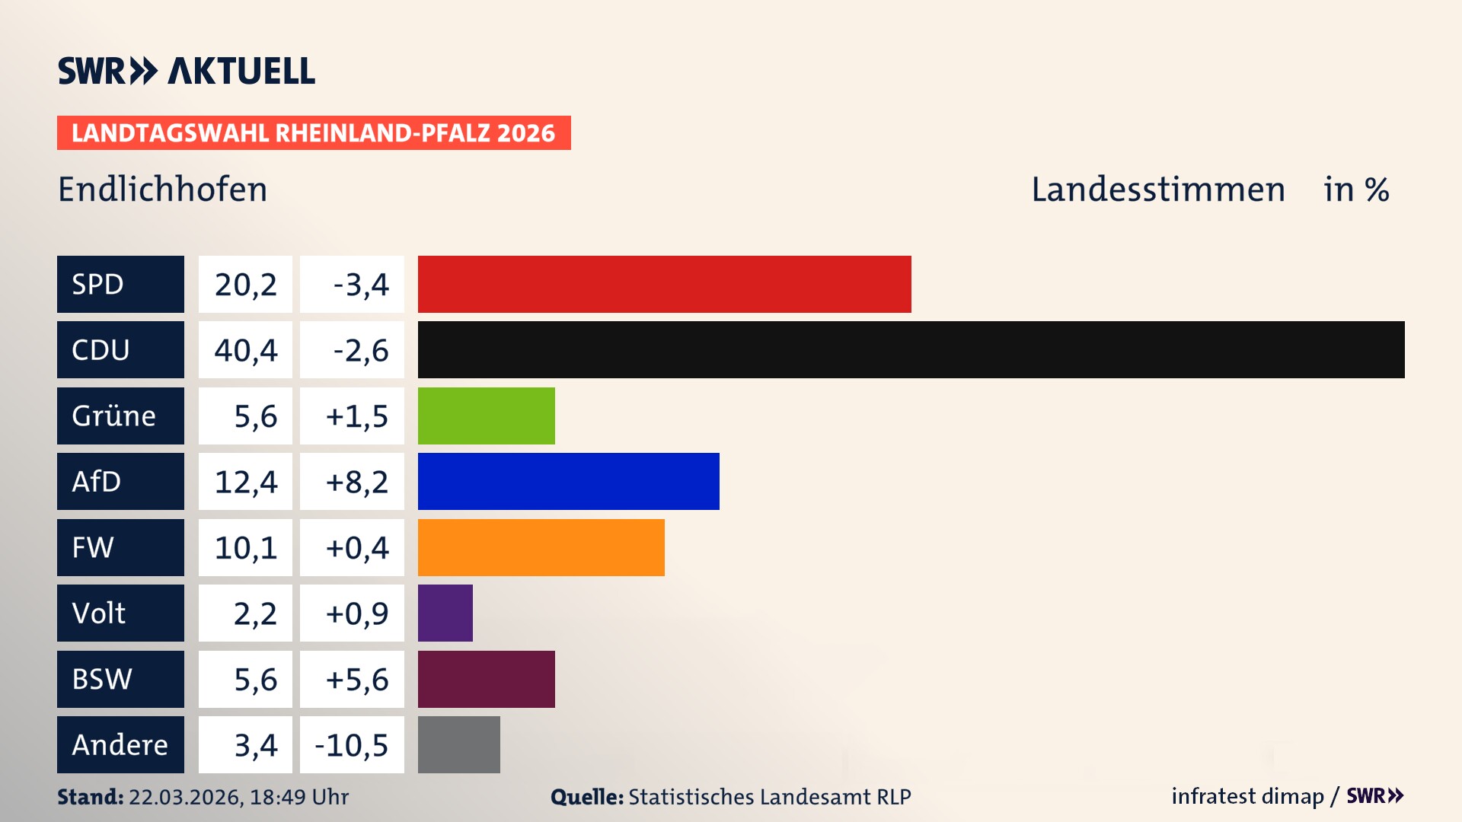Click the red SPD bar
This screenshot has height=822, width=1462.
pyautogui.click(x=664, y=284)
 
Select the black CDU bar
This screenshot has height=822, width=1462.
pyautogui.click(x=911, y=349)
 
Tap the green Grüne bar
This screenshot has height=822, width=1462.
pyautogui.click(x=486, y=416)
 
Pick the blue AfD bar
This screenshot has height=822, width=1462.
pyautogui.click(x=568, y=481)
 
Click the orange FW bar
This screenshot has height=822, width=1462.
pyautogui.click(x=541, y=547)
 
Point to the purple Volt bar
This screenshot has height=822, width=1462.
pyautogui.click(x=445, y=613)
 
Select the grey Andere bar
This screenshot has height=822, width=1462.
pyautogui.click(x=458, y=744)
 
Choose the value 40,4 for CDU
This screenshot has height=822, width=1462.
pyautogui.click(x=245, y=350)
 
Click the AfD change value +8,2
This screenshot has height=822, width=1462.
pyautogui.click(x=356, y=482)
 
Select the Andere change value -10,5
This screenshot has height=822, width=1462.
pyautogui.click(x=352, y=745)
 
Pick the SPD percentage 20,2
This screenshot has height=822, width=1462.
pyautogui.click(x=245, y=285)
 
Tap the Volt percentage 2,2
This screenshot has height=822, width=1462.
pyautogui.click(x=255, y=613)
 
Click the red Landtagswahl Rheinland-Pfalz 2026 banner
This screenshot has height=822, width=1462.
pyautogui.click(x=314, y=133)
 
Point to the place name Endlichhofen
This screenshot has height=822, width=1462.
pyautogui.click(x=162, y=190)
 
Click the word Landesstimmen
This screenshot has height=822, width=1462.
pyautogui.click(x=1157, y=190)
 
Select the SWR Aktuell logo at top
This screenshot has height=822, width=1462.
pyautogui.click(x=187, y=71)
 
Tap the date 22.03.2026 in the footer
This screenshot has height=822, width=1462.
pyautogui.click(x=186, y=797)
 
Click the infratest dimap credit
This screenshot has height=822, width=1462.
pyautogui.click(x=1247, y=796)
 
